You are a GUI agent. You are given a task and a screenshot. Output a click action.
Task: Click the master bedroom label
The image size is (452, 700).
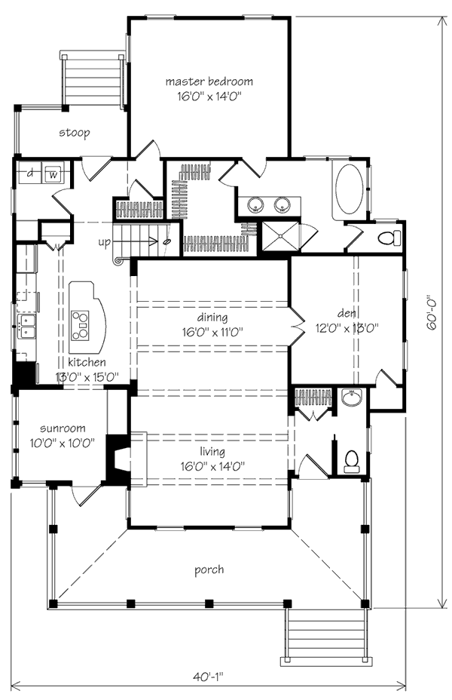point(209,81)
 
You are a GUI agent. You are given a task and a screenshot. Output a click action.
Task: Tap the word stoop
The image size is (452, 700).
point(75,133)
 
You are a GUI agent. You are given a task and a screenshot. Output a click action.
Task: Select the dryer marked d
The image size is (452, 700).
point(30,173)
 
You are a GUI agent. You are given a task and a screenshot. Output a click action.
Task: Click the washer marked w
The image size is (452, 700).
point(53,173)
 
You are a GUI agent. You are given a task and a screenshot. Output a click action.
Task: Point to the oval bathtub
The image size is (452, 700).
point(349,190)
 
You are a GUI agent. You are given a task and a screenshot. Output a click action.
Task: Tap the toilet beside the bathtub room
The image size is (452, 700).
point(387,238)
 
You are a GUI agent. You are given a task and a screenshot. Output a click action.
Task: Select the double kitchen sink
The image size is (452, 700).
point(27,326)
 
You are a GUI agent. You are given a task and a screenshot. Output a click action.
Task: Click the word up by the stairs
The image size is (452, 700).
point(104,242)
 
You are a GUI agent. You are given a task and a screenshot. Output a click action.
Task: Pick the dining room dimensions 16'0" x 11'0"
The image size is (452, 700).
point(212,332)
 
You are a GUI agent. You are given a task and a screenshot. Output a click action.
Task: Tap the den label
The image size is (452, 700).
point(347,314)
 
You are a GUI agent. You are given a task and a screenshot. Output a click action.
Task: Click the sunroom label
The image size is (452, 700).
point(63,428)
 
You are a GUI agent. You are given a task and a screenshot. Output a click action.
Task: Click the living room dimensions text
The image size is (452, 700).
point(213,467)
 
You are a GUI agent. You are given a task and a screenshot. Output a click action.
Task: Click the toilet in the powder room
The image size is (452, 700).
point(352,461)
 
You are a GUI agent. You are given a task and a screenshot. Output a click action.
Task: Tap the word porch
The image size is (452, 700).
point(209,570)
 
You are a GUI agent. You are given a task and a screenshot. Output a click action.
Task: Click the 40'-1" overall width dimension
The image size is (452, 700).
point(208,677)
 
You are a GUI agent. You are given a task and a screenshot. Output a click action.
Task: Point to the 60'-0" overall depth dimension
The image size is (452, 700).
point(432,312)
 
